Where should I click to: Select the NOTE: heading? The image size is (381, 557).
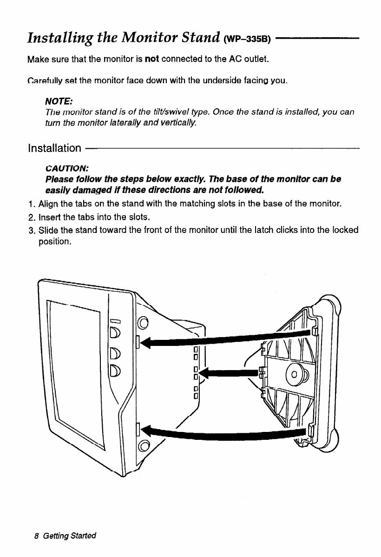[x=55, y=101]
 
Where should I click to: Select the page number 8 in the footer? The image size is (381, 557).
[x=37, y=536]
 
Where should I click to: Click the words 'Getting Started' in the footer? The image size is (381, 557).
[x=69, y=536]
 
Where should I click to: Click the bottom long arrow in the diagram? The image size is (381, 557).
[x=223, y=433]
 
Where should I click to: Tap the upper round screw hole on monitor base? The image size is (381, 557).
[x=143, y=320]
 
